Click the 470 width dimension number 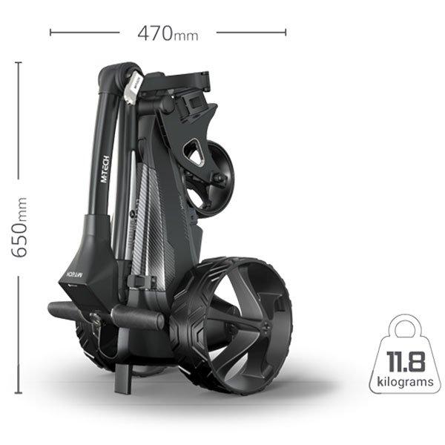click(155, 33)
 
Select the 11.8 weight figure click(406, 361)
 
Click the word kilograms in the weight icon click(405, 382)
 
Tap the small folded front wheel click(211, 179)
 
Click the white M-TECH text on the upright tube click(105, 169)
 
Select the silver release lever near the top click(132, 87)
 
